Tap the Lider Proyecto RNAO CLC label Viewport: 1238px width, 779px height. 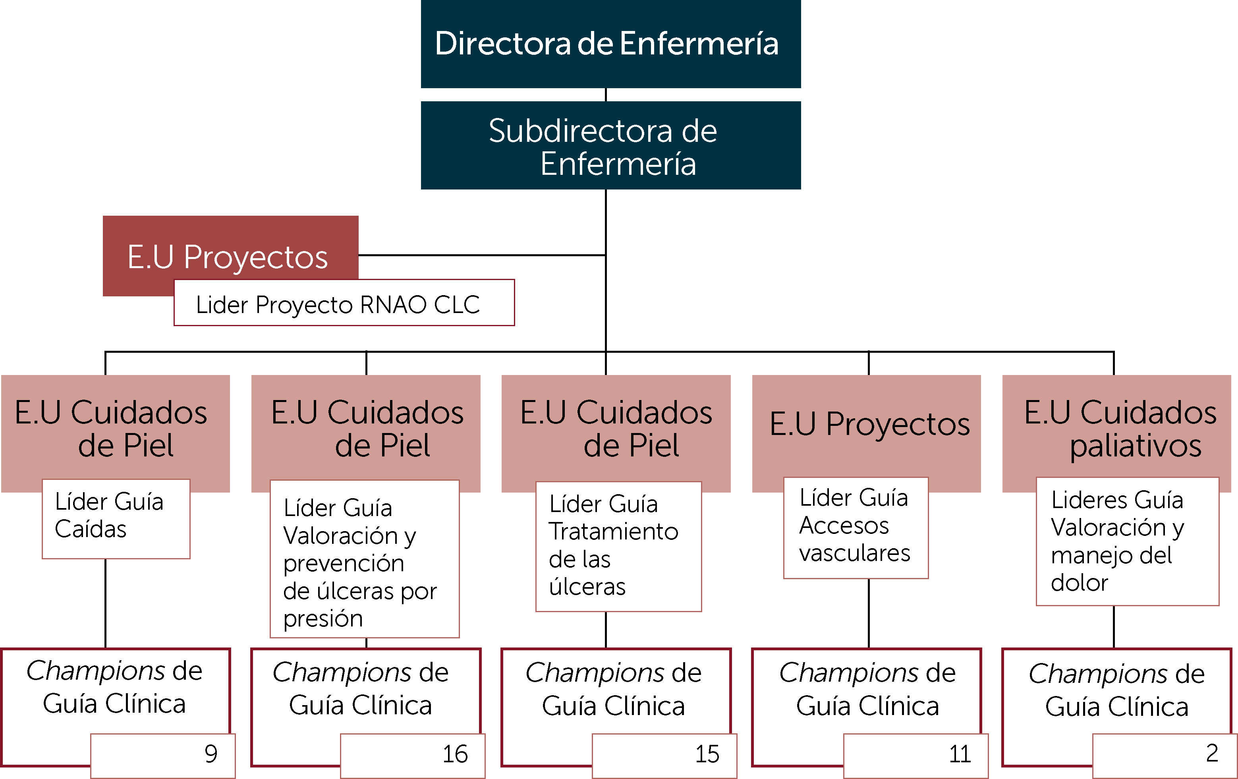[x=338, y=304]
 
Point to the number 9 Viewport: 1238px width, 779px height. [x=211, y=754]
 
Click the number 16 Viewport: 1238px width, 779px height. [x=455, y=754]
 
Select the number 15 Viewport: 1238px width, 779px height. [x=707, y=754]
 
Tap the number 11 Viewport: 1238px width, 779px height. [x=959, y=754]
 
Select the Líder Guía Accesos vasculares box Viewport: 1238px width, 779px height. [x=856, y=527]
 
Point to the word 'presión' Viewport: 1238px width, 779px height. [x=323, y=619]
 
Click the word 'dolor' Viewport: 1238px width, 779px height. [x=1079, y=583]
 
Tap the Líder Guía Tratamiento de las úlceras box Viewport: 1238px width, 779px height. [x=618, y=546]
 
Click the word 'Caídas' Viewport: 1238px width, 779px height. [x=91, y=529]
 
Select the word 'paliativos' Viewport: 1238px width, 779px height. [x=1135, y=446]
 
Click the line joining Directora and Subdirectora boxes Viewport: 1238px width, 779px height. [x=606, y=95]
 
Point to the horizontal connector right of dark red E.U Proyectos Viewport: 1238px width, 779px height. [x=482, y=255]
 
